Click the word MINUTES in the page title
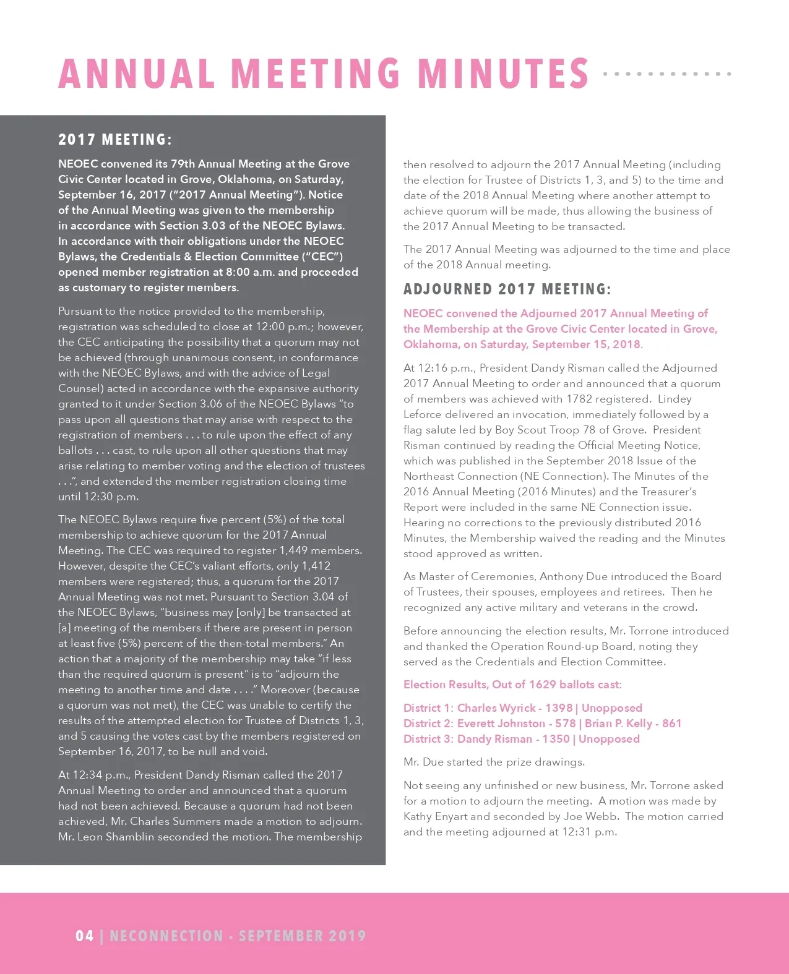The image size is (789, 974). tap(503, 74)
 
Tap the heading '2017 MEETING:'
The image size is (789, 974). tap(115, 140)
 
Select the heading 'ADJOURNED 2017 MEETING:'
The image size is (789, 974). tap(507, 289)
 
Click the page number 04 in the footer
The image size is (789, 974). tap(84, 936)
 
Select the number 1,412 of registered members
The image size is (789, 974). tap(316, 566)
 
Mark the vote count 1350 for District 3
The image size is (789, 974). tap(556, 739)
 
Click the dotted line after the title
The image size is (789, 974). tap(667, 74)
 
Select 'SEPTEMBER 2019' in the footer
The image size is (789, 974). tap(303, 936)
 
